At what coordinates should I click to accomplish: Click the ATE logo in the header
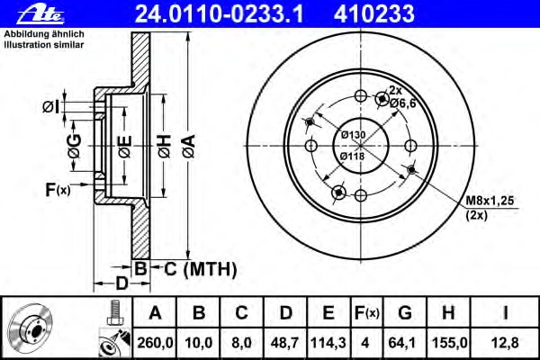point(40,14)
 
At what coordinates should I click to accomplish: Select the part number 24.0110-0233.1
point(220,13)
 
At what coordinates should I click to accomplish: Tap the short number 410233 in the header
point(374,13)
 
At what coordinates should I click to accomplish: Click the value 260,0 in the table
point(155,343)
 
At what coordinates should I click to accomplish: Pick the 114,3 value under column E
point(328,343)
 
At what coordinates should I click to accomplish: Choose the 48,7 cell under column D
point(284,343)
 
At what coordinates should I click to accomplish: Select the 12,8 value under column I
point(505,343)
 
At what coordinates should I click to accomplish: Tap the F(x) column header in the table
point(367,313)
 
